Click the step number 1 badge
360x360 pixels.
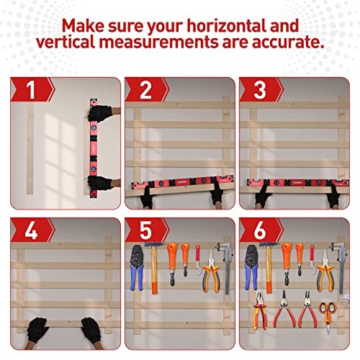pyautogui.click(x=31, y=91)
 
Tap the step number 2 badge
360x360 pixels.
pyautogui.click(x=145, y=91)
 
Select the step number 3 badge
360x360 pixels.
pyautogui.click(x=259, y=91)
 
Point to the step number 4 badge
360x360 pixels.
pyautogui.click(x=31, y=231)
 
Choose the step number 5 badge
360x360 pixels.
pyautogui.click(x=145, y=231)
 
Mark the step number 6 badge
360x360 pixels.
pyautogui.click(x=259, y=231)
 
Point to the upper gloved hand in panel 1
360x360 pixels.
pyautogui.click(x=103, y=113)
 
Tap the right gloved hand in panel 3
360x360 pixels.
pyautogui.click(x=333, y=196)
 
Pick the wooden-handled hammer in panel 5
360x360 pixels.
pyautogui.click(x=153, y=263)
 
